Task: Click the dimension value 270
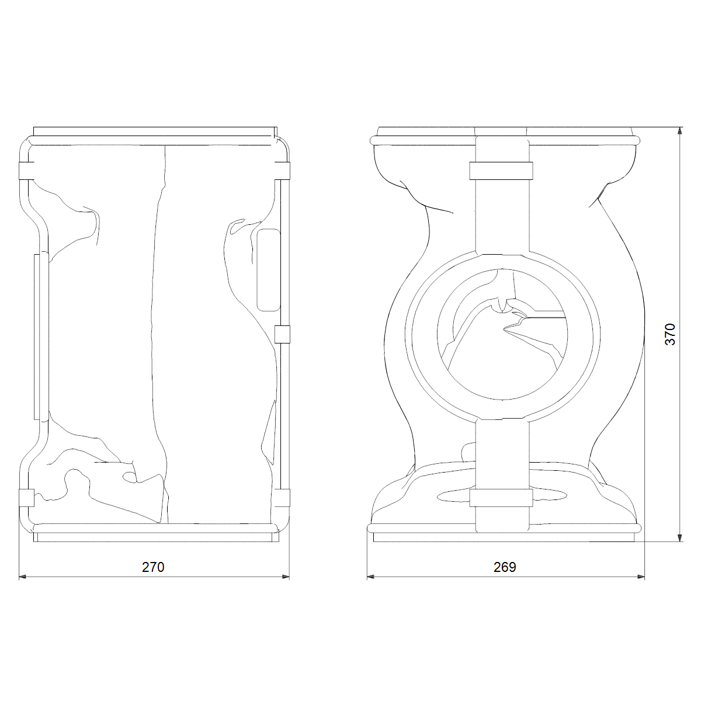click(153, 567)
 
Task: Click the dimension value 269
click(505, 567)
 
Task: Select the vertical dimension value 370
click(669, 334)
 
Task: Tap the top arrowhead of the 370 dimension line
click(679, 131)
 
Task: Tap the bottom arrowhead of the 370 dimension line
click(679, 537)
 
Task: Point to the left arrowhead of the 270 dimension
click(23, 577)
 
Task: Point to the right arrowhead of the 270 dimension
click(286, 577)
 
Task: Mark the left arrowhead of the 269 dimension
click(371, 577)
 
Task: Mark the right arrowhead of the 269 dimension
click(641, 577)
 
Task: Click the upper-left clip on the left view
click(26, 171)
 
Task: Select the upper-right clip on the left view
click(282, 171)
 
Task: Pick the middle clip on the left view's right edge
click(282, 334)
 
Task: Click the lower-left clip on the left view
click(26, 498)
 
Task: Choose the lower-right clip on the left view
click(282, 498)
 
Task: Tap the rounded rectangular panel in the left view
click(269, 270)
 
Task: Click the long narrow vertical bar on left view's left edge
click(36, 337)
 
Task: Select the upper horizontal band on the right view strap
click(501, 171)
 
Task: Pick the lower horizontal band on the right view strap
click(501, 498)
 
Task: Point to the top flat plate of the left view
click(155, 131)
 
